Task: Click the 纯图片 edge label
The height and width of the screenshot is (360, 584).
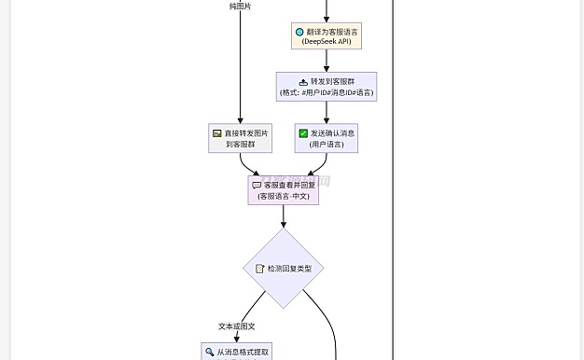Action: (240, 6)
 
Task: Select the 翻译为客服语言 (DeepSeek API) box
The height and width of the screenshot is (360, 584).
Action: (326, 36)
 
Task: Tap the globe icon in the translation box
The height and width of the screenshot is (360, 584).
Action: (299, 32)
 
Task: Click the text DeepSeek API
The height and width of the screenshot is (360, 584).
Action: (326, 43)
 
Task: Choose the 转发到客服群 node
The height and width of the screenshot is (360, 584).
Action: (326, 87)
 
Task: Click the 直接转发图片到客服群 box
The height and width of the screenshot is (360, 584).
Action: (240, 139)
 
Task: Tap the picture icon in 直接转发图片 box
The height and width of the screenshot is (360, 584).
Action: (216, 133)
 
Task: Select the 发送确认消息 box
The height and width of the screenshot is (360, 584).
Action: (326, 139)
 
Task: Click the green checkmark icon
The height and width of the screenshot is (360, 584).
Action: (303, 133)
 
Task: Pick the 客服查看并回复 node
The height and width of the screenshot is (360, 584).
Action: (283, 190)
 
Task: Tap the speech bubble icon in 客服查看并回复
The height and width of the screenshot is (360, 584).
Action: (257, 185)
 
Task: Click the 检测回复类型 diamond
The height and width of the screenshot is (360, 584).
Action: (283, 269)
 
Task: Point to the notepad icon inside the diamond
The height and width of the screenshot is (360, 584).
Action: (260, 269)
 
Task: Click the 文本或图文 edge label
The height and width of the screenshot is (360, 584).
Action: (237, 326)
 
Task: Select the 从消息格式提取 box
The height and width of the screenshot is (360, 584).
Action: (240, 352)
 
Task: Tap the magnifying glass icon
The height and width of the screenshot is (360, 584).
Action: (210, 353)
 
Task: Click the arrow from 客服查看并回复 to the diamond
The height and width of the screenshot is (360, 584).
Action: (283, 217)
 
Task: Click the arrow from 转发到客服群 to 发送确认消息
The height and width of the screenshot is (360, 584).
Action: (326, 112)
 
